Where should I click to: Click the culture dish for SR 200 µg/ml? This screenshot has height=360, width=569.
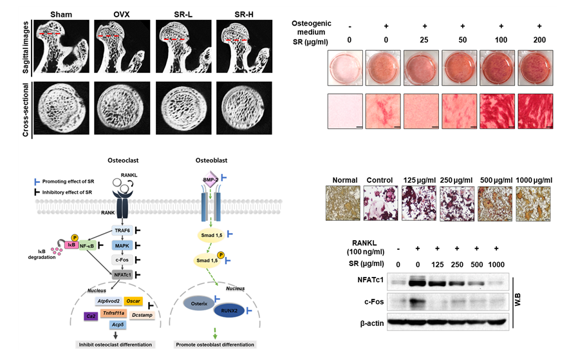point(537,68)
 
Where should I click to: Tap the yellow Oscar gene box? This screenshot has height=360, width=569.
point(133,301)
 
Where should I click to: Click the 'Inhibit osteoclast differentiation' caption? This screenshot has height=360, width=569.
point(113,345)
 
